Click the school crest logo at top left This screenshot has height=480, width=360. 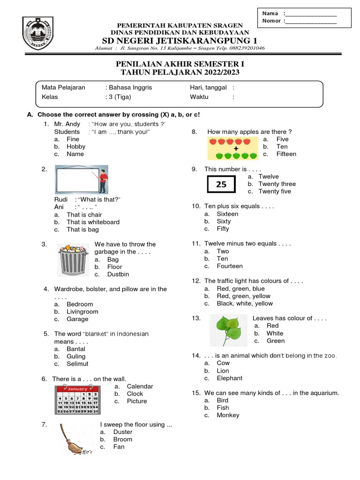click(x=41, y=34)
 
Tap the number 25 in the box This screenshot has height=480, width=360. click(x=221, y=185)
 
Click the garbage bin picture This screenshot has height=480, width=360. click(x=72, y=260)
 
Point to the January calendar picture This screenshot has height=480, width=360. click(x=78, y=400)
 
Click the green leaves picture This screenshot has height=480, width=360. click(x=228, y=330)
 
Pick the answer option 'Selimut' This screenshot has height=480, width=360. click(x=77, y=364)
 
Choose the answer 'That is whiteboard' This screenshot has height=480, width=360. click(x=93, y=222)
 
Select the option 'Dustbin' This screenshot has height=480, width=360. click(x=118, y=274)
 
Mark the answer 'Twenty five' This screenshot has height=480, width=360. click(x=274, y=191)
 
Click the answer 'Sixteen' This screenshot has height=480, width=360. click(x=227, y=214)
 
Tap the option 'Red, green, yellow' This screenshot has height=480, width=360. click(x=243, y=296)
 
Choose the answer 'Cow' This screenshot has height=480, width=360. click(x=223, y=363)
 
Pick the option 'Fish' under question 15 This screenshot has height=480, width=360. click(x=223, y=408)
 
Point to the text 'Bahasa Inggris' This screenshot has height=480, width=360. click(x=130, y=87)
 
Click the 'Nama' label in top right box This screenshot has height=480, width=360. click(x=270, y=13)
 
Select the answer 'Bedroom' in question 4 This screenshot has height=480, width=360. click(x=80, y=304)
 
